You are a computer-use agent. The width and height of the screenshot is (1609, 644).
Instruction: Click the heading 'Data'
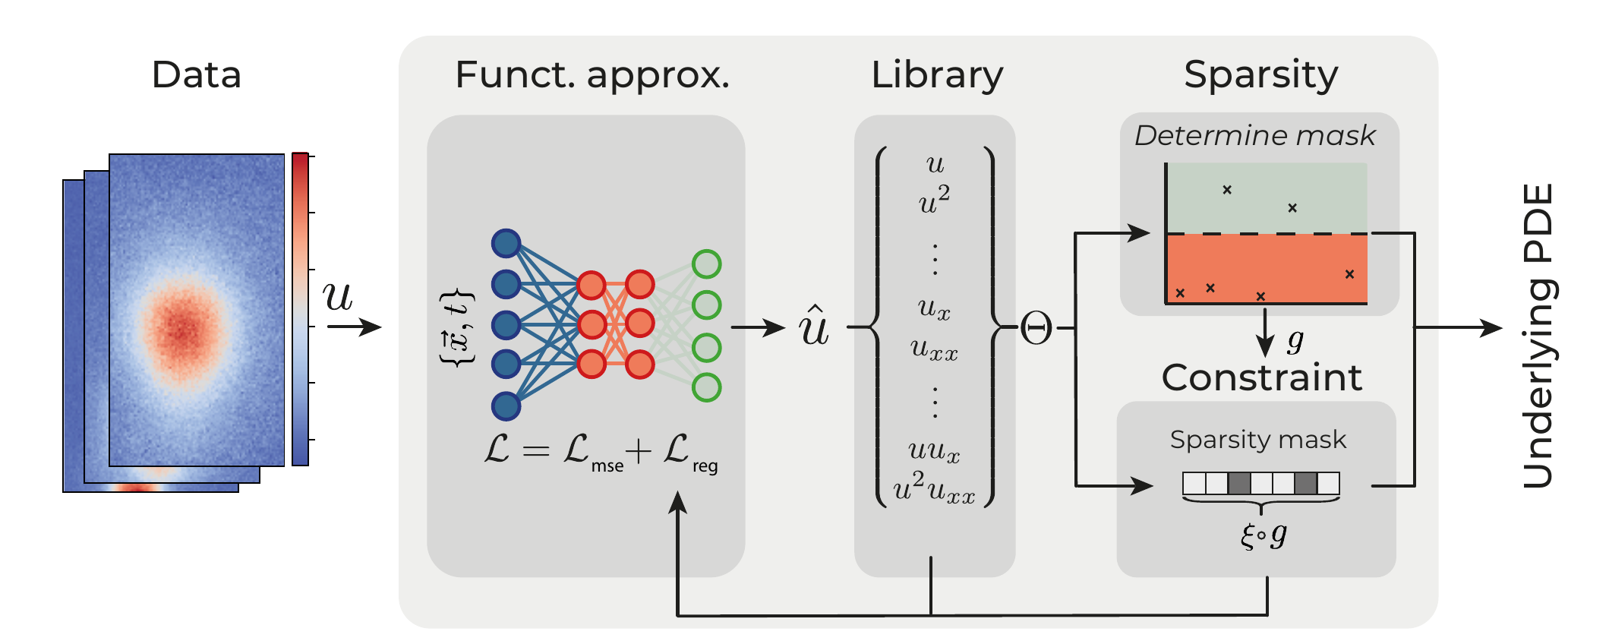tap(196, 75)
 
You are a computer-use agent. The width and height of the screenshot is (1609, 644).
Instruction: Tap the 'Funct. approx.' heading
tap(592, 75)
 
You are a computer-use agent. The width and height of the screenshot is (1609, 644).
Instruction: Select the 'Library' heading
tap(937, 75)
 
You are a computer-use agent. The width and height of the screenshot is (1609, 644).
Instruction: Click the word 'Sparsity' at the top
tap(1260, 75)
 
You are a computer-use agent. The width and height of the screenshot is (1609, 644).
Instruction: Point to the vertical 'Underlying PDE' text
tap(1538, 336)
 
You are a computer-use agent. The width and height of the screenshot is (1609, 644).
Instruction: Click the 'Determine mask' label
tap(1254, 136)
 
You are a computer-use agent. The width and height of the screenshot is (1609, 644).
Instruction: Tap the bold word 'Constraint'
tap(1262, 377)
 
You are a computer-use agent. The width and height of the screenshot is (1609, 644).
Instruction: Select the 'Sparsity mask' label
tap(1257, 440)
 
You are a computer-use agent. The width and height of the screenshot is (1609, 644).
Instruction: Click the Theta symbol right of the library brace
tap(1036, 329)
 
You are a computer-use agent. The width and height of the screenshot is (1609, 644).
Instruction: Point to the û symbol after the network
tap(814, 327)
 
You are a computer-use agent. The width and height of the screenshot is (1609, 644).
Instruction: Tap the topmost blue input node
tap(506, 243)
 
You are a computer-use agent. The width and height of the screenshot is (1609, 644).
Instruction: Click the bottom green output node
tap(706, 387)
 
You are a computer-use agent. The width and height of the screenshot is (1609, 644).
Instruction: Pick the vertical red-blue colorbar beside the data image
tap(300, 309)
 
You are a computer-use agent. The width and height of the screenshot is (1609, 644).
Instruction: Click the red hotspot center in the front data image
tap(182, 328)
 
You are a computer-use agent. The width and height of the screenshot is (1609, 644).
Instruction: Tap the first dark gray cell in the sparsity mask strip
tap(1239, 483)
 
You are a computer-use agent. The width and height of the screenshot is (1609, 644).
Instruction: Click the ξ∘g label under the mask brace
tap(1263, 536)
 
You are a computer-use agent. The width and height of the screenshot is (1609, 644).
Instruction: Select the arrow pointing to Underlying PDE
tap(1458, 328)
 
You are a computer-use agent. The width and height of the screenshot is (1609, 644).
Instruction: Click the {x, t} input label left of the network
tap(458, 328)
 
